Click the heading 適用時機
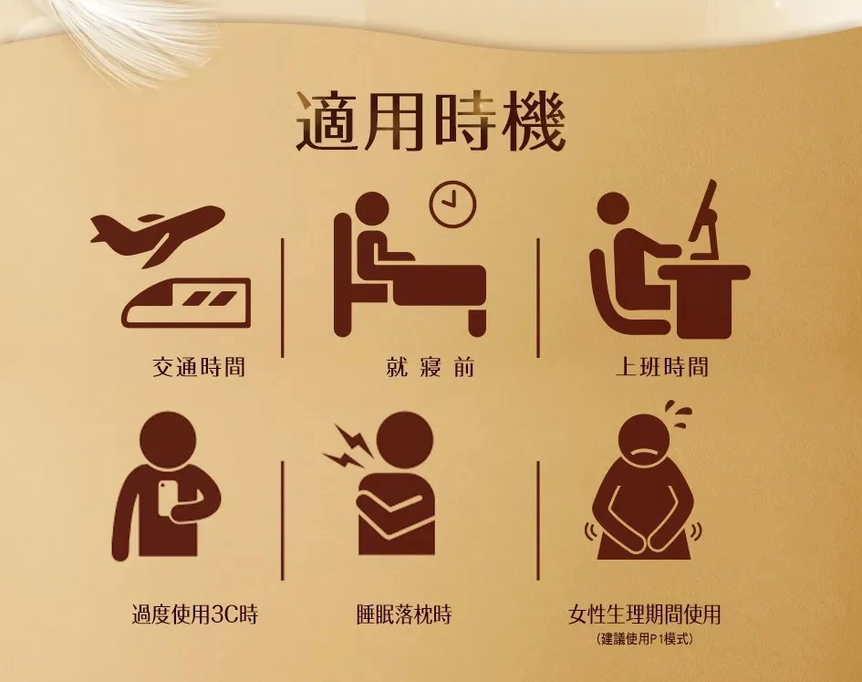pyautogui.click(x=431, y=122)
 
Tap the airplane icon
pyautogui.click(x=158, y=235)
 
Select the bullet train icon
pyautogui.click(x=187, y=303)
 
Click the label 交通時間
pyautogui.click(x=199, y=367)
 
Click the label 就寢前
pyautogui.click(x=431, y=367)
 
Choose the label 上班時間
pyautogui.click(x=662, y=367)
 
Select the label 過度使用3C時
pyautogui.click(x=194, y=614)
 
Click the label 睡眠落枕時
pyautogui.click(x=404, y=614)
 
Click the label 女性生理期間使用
pyautogui.click(x=644, y=614)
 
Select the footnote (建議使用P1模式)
pyautogui.click(x=644, y=639)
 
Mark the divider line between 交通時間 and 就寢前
pyautogui.click(x=282, y=298)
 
